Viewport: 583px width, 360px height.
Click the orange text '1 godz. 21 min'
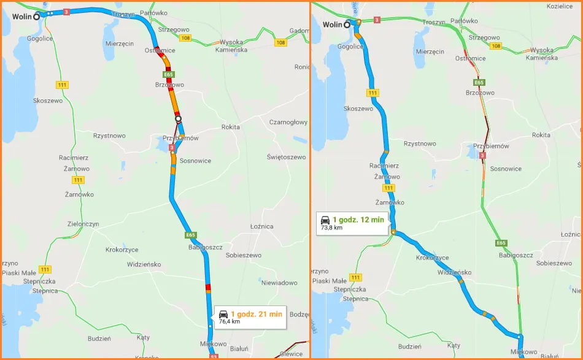[257, 314]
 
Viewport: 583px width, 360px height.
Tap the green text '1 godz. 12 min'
[358, 220]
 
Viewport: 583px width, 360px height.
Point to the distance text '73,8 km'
[331, 228]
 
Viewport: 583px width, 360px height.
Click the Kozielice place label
[559, 6]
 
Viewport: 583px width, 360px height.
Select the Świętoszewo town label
[286, 158]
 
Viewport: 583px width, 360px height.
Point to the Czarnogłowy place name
[288, 122]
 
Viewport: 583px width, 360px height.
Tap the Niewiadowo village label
[279, 283]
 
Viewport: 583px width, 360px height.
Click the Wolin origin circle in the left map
[37, 17]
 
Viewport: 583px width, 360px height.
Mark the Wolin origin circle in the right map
[347, 25]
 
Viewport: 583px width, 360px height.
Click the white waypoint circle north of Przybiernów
[178, 118]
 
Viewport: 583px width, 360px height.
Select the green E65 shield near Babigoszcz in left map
[190, 235]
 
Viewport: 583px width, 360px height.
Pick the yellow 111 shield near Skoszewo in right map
[373, 93]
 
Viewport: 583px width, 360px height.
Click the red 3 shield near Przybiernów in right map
[483, 156]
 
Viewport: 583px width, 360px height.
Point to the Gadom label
[299, 31]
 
